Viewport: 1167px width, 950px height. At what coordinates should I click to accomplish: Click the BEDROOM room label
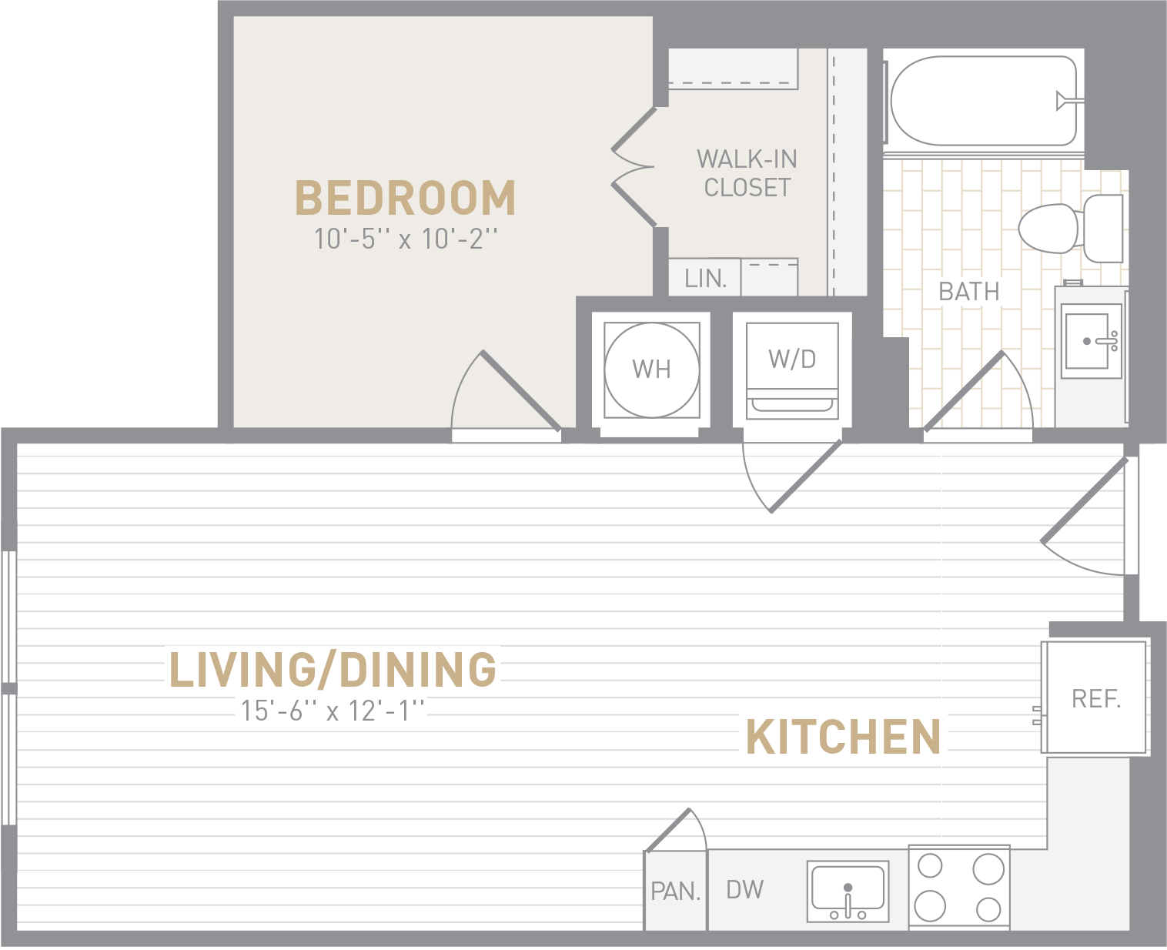(x=406, y=198)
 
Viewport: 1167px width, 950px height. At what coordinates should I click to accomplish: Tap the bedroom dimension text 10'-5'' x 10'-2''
(x=406, y=239)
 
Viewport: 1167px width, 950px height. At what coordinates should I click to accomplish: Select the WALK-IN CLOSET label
(x=747, y=173)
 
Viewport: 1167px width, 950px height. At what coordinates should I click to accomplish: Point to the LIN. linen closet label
(x=706, y=279)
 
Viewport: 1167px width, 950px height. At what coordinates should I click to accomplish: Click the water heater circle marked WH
(x=651, y=370)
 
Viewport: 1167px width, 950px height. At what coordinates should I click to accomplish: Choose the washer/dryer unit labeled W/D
(x=792, y=371)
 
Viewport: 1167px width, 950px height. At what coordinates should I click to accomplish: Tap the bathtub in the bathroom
(x=984, y=101)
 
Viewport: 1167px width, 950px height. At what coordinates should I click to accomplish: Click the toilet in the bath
(x=1071, y=228)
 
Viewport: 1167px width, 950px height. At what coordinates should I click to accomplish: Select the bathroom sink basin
(x=1087, y=341)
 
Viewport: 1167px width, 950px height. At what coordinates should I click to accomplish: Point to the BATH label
(x=968, y=292)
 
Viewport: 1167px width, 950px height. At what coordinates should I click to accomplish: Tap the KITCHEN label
(x=843, y=738)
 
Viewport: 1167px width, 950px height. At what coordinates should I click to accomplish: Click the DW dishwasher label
(x=744, y=890)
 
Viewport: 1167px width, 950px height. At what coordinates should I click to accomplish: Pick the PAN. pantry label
(x=676, y=892)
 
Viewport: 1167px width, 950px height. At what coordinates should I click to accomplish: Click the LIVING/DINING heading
(x=333, y=669)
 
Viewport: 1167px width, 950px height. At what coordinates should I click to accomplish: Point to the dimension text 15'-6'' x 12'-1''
(x=333, y=711)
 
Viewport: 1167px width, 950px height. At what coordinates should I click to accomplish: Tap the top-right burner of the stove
(x=988, y=869)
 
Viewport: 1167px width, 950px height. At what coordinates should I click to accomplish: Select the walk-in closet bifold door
(x=634, y=166)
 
